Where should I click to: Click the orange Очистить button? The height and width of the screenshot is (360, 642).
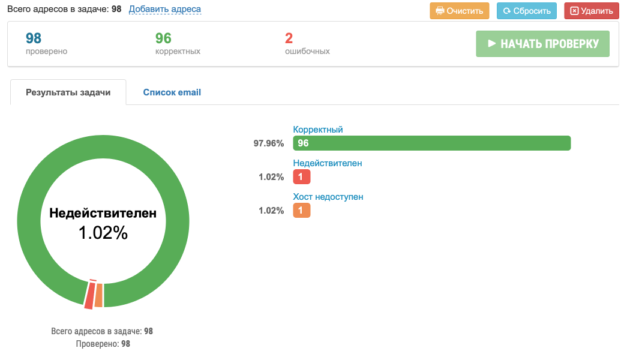pyautogui.click(x=460, y=11)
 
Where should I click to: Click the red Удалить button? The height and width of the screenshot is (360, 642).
pyautogui.click(x=591, y=11)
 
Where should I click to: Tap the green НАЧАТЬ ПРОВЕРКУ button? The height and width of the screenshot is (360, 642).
pyautogui.click(x=542, y=44)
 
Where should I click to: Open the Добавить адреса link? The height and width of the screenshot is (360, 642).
pyautogui.click(x=165, y=9)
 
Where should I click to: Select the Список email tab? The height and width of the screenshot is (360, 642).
pyautogui.click(x=172, y=92)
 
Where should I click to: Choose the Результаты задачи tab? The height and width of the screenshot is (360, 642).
pyautogui.click(x=68, y=92)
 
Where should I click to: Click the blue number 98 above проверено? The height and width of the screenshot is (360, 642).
pyautogui.click(x=34, y=38)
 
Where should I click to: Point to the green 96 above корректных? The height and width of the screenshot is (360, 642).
pyautogui.click(x=163, y=38)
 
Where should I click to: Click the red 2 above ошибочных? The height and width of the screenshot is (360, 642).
pyautogui.click(x=289, y=38)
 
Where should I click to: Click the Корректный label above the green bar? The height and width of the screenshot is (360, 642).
pyautogui.click(x=318, y=130)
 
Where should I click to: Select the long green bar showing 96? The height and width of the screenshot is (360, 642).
pyautogui.click(x=431, y=143)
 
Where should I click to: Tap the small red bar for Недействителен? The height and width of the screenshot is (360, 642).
pyautogui.click(x=302, y=176)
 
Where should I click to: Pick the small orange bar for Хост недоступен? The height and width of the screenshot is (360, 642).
pyautogui.click(x=302, y=210)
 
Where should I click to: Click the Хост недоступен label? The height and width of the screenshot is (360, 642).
pyautogui.click(x=328, y=197)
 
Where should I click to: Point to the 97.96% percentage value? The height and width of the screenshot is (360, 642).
pyautogui.click(x=268, y=143)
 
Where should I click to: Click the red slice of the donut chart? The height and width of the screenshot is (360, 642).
pyautogui.click(x=89, y=295)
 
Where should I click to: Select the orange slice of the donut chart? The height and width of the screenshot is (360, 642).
pyautogui.click(x=99, y=295)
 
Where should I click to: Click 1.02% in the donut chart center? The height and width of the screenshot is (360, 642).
pyautogui.click(x=103, y=233)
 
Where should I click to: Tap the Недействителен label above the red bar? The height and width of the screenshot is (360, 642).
pyautogui.click(x=327, y=163)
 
